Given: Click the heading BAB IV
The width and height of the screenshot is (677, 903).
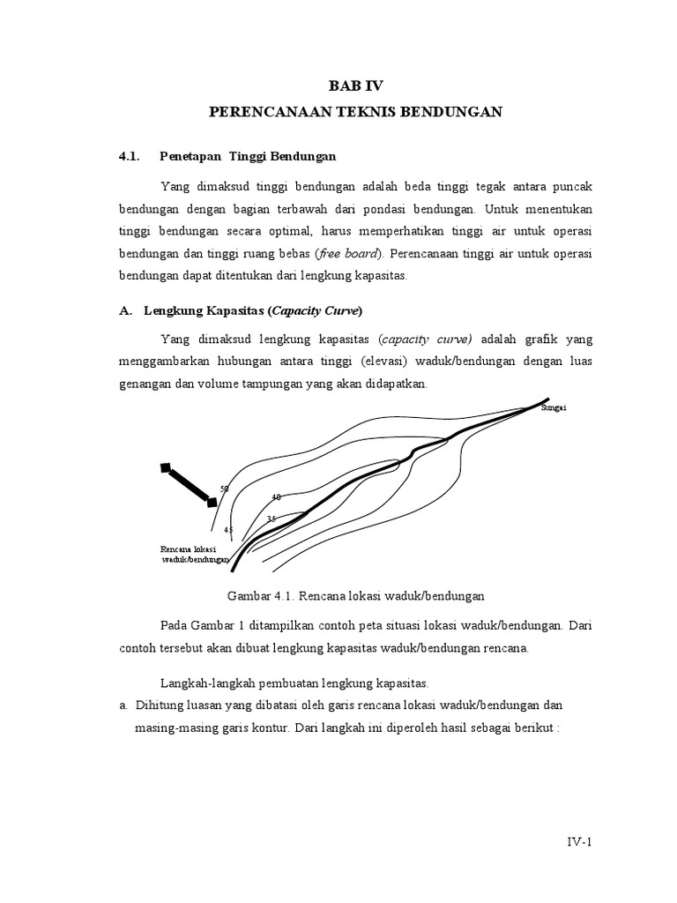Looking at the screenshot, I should click(356, 86).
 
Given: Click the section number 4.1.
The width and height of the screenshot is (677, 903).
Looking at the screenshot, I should click(130, 156).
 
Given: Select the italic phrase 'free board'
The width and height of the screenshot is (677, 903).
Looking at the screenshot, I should click(348, 253).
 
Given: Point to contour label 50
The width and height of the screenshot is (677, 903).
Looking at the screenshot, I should click(224, 489).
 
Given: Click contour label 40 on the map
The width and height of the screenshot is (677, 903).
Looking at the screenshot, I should click(276, 498).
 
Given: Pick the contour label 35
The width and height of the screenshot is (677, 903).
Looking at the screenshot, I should click(272, 519).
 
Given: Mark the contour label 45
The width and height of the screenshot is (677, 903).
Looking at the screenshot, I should click(228, 530).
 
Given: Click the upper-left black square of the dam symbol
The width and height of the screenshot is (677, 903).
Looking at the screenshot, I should click(165, 467).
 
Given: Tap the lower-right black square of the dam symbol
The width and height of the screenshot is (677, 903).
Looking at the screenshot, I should click(212, 502).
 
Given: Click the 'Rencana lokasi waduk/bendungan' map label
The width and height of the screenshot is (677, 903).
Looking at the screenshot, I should click(194, 554).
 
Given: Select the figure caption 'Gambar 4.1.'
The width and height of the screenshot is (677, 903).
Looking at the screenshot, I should click(260, 595).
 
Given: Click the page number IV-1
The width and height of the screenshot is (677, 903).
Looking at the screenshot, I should click(578, 842).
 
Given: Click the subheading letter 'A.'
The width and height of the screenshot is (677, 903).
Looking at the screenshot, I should click(125, 310).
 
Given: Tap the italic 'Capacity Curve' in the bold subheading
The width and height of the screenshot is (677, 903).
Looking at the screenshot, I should click(316, 310).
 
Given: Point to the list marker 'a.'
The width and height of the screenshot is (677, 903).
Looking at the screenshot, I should click(123, 705).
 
